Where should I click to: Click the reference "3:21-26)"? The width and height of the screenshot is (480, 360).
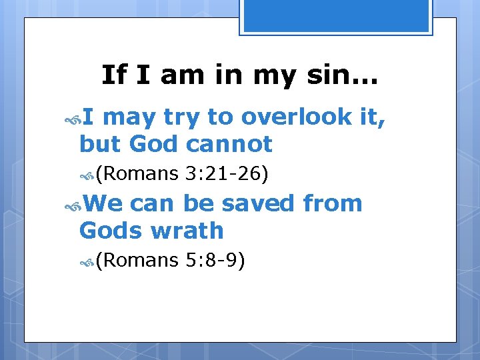228,175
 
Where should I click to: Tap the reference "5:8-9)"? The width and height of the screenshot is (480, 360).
217,261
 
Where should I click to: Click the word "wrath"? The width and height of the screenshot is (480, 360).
187,231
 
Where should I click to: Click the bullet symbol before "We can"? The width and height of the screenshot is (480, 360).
73,205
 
